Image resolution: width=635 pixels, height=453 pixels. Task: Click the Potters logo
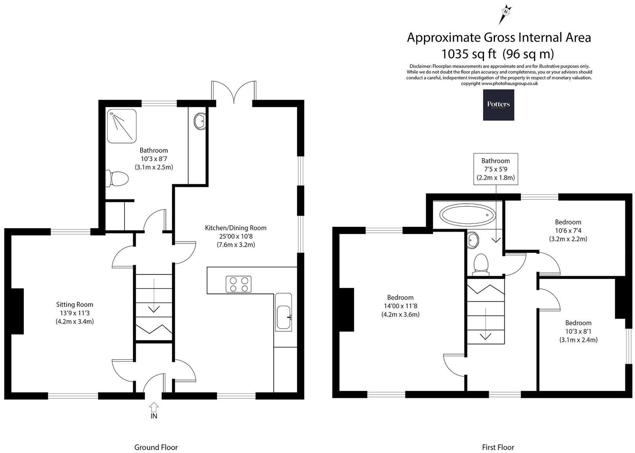coord(498,105)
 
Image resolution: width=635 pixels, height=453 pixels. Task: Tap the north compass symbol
coord(505,13)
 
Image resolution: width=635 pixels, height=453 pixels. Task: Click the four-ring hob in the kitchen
coord(238,284)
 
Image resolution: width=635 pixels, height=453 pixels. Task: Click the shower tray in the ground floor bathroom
coord(121,126)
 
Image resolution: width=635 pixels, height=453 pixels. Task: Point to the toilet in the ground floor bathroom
coord(117,178)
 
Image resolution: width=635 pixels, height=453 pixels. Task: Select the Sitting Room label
coord(75,304)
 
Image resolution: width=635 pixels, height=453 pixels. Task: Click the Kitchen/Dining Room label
coord(236,228)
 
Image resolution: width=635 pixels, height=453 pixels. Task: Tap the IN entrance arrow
coord(154,407)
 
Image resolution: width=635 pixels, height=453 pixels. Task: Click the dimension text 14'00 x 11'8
coord(400,306)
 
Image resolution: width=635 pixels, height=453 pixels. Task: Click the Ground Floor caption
coord(156,447)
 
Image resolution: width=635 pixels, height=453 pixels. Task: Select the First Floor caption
coord(498,447)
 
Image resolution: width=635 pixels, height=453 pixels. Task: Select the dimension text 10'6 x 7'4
coord(568,230)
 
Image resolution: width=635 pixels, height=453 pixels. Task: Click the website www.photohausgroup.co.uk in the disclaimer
coord(509,83)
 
